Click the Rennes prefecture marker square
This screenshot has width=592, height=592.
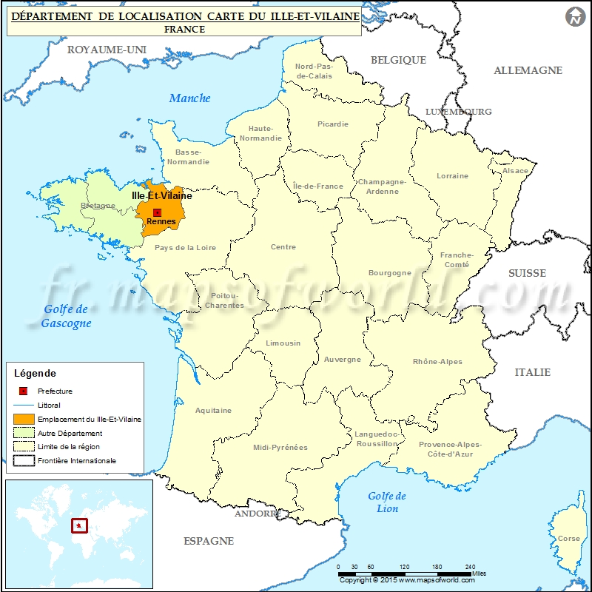(x=157, y=212)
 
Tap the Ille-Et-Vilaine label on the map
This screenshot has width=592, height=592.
(x=161, y=196)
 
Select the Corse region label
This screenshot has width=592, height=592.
(x=568, y=539)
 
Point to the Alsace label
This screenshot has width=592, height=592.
(x=516, y=171)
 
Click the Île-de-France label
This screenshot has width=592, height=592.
(x=318, y=186)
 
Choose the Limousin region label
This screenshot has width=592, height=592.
(x=283, y=343)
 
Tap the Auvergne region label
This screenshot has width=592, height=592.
(x=343, y=360)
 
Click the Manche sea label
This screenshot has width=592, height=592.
(x=190, y=98)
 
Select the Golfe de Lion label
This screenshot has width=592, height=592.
(x=387, y=502)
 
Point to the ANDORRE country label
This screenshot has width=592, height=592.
(x=257, y=513)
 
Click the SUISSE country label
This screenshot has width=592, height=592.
(x=527, y=273)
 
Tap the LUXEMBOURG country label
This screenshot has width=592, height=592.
(x=458, y=112)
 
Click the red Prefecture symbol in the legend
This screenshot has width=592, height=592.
(x=23, y=391)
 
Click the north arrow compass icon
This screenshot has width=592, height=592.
(x=574, y=17)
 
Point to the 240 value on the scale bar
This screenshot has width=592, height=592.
(x=471, y=566)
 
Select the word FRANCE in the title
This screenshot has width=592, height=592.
(x=185, y=30)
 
